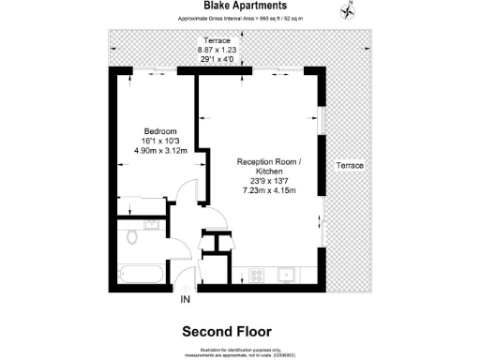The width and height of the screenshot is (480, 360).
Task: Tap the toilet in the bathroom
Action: click(133, 238)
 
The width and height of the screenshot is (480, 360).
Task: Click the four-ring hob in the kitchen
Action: click(255, 276)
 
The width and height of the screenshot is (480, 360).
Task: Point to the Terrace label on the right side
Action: click(350, 165)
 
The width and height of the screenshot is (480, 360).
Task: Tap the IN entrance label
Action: click(185, 300)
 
